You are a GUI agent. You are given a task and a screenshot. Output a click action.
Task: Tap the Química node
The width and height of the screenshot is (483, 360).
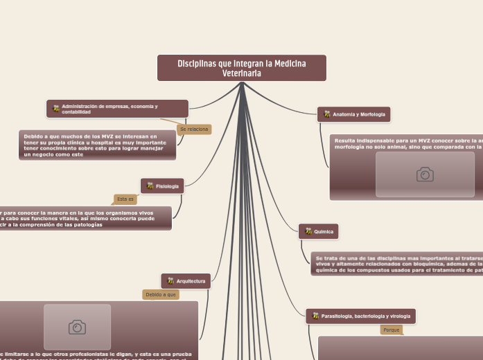point(323,231)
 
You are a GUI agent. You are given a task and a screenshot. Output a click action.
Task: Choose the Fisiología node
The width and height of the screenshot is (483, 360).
point(167,186)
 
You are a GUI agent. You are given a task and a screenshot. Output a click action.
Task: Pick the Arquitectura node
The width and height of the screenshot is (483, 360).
point(191,281)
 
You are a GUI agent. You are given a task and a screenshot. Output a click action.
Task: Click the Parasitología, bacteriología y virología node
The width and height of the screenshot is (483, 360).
point(367,316)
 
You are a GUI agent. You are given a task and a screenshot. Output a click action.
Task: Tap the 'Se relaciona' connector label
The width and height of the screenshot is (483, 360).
point(194,129)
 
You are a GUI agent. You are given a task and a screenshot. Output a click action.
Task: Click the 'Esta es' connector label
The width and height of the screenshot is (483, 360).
point(125,199)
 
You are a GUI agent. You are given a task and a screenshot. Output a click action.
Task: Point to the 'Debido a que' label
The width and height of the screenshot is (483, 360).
point(161,294)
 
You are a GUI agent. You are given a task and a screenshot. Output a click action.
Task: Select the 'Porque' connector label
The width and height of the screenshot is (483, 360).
point(392,330)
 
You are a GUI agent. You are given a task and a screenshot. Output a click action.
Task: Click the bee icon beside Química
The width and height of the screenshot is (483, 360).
point(308,231)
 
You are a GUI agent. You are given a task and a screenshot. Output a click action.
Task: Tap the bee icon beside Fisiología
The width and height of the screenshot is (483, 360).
point(150,186)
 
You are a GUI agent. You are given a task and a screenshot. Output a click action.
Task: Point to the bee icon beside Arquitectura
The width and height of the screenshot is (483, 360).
point(170,281)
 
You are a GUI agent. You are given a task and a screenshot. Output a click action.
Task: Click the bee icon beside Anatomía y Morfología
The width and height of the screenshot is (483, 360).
point(327,114)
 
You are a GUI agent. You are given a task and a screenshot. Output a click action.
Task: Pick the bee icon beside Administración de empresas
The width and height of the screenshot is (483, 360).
point(56,109)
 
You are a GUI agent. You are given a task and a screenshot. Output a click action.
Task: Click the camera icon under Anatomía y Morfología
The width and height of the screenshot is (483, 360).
point(425,174)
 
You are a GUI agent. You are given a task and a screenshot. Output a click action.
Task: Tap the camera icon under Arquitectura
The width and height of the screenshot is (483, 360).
point(77,327)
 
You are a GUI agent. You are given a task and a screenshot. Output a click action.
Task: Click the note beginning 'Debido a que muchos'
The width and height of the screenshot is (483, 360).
point(97,145)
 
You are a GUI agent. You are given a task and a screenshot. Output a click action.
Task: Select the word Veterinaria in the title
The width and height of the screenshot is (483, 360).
point(241,73)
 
